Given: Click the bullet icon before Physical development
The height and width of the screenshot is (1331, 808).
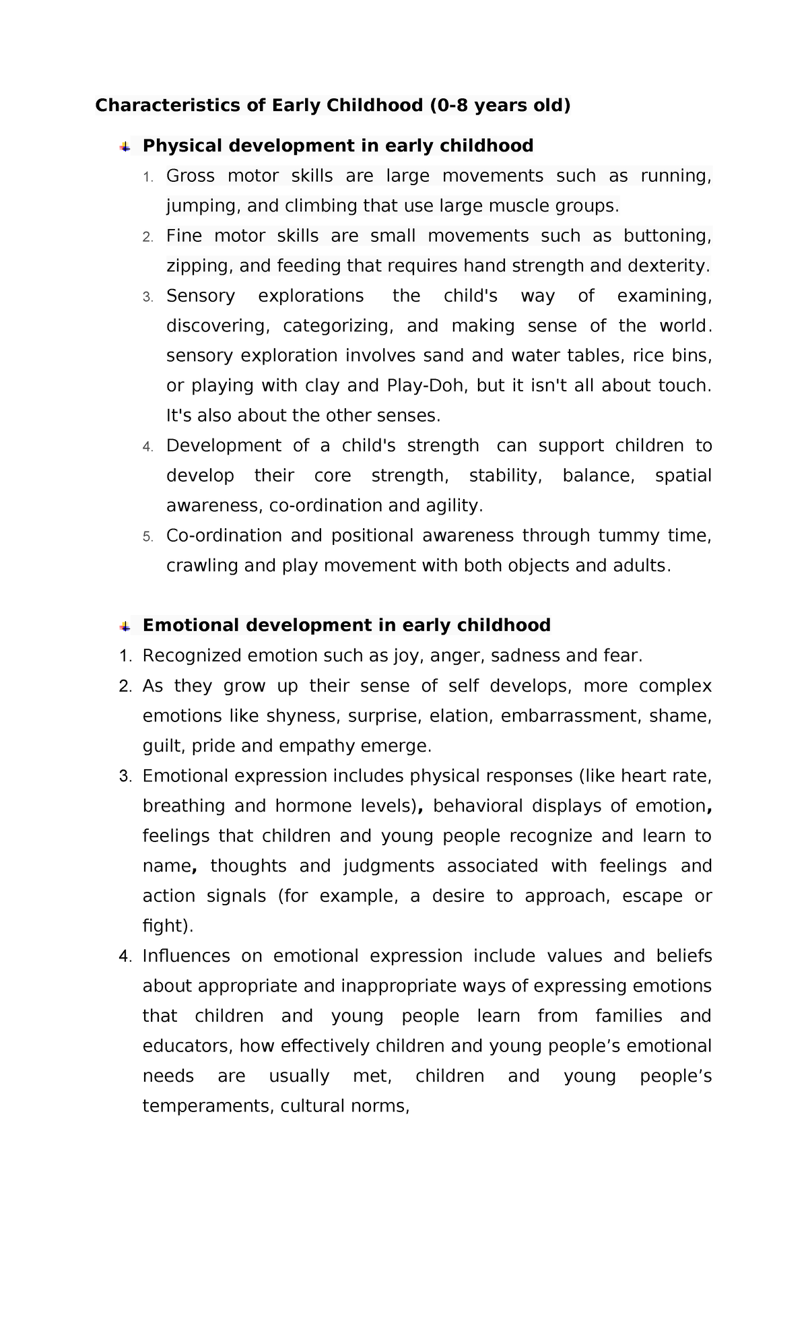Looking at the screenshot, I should pos(125,147).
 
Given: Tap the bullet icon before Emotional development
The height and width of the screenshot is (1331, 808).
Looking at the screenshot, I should pos(125,626).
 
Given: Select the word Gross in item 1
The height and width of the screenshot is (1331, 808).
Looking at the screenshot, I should pos(191,176).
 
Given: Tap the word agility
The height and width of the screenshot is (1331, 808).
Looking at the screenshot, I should pos(456,506).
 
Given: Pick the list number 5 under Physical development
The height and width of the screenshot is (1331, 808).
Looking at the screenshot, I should pos(148,537).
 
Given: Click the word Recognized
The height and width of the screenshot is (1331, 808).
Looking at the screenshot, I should pos(192,656).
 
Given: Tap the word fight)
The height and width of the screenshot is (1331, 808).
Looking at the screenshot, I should pos(168,926).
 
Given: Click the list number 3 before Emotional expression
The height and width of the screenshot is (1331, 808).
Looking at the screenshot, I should pos(125,777).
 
